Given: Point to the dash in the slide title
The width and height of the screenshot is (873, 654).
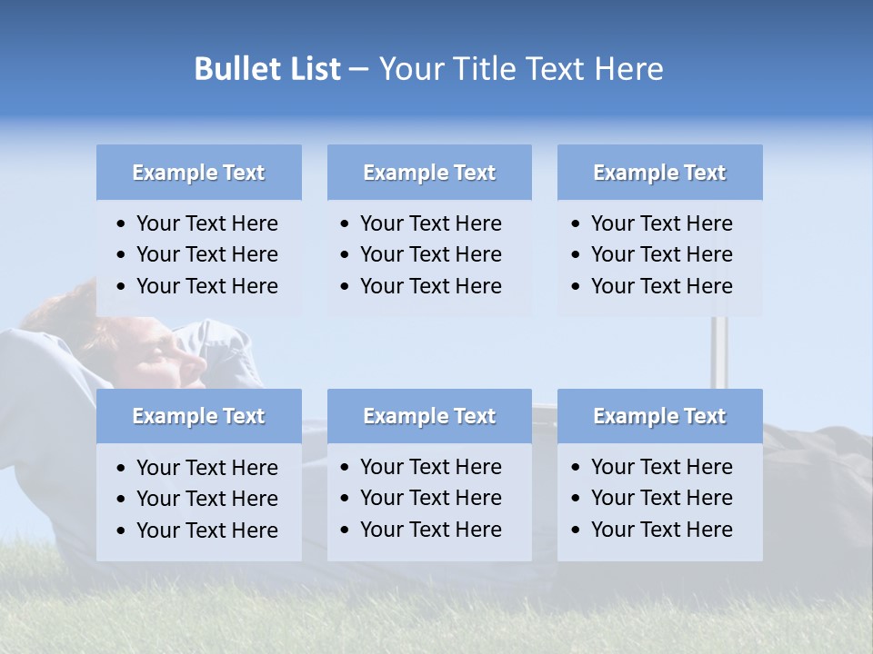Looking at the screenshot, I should [x=358, y=69].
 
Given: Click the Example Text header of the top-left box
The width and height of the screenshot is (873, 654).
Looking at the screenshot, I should [x=198, y=173].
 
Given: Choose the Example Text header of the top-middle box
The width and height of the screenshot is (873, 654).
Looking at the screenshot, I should [x=429, y=173].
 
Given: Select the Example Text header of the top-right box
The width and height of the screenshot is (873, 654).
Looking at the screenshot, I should [x=659, y=173].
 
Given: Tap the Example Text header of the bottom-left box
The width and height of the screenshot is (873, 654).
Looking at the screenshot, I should [x=198, y=416].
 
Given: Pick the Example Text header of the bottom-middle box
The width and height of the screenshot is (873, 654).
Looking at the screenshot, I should [x=429, y=416].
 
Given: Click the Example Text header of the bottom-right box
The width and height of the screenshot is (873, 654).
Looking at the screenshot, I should [x=659, y=416].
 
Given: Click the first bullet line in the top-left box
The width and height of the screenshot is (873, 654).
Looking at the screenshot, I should [x=206, y=223].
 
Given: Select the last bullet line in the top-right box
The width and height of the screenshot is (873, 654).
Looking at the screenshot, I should [x=661, y=286].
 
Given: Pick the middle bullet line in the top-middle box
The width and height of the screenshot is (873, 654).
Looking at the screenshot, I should [x=430, y=254].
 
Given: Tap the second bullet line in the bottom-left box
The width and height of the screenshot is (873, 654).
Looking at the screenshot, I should [x=206, y=499].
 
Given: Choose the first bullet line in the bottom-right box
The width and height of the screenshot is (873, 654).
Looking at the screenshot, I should [x=661, y=467].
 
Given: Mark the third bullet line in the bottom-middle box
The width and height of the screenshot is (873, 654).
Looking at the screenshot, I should [x=430, y=530].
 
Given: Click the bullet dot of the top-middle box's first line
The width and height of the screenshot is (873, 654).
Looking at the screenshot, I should [x=345, y=224].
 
